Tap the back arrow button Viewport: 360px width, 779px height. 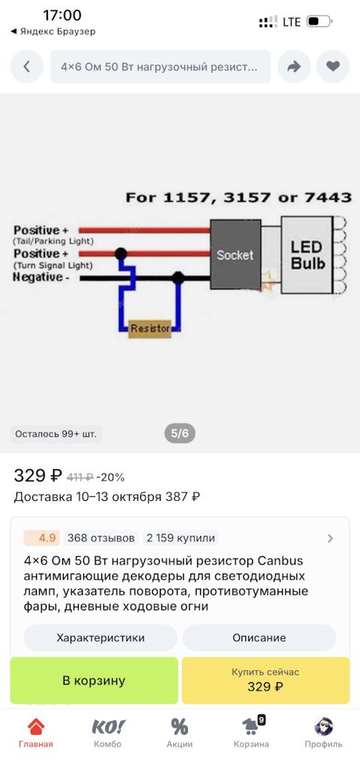pos(27,66)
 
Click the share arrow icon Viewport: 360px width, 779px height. pos(294,66)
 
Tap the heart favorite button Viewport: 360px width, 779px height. pos(333,66)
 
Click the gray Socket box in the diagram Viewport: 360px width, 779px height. pos(235,256)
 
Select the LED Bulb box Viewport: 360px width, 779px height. pos(307,254)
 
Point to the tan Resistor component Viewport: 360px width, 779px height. pos(150,328)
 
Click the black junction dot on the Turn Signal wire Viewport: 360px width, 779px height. pos(120,254)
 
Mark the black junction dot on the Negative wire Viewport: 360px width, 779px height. pos(178,277)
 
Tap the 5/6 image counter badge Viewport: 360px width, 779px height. pos(180,433)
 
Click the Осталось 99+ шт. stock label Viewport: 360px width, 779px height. pos(56,433)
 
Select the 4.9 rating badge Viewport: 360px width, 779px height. pos(42,538)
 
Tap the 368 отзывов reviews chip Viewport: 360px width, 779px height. pos(101,538)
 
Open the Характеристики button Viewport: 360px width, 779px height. pos(100,637)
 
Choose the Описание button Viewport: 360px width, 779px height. pos(259,637)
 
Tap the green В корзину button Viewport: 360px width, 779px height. pos(94,680)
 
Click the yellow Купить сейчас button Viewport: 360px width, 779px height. pos(265,680)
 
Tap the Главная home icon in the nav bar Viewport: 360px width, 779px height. pos(36,727)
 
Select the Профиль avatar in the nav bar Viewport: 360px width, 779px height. pos(324,727)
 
